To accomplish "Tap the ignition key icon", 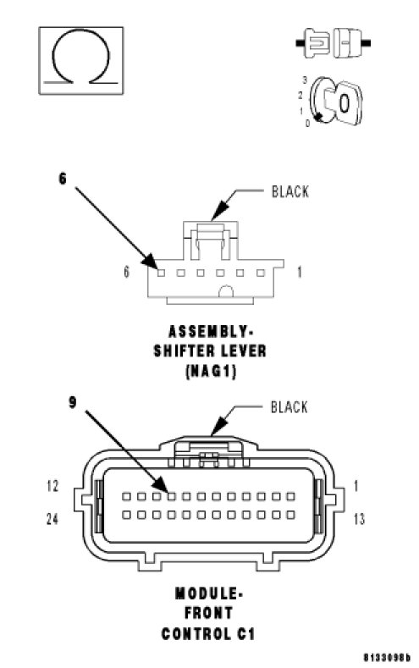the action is pos(335,102).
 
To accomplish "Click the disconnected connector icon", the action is pos(333,42).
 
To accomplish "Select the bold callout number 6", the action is pos(63,179).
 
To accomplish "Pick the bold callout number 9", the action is pos(73,402).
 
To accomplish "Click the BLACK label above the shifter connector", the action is pos(290,191).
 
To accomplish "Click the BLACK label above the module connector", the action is pos(289,407).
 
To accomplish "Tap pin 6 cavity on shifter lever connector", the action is pos(161,273).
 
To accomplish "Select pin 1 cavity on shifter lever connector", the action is pos(261,273).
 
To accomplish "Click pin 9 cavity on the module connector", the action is pos(172,496).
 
